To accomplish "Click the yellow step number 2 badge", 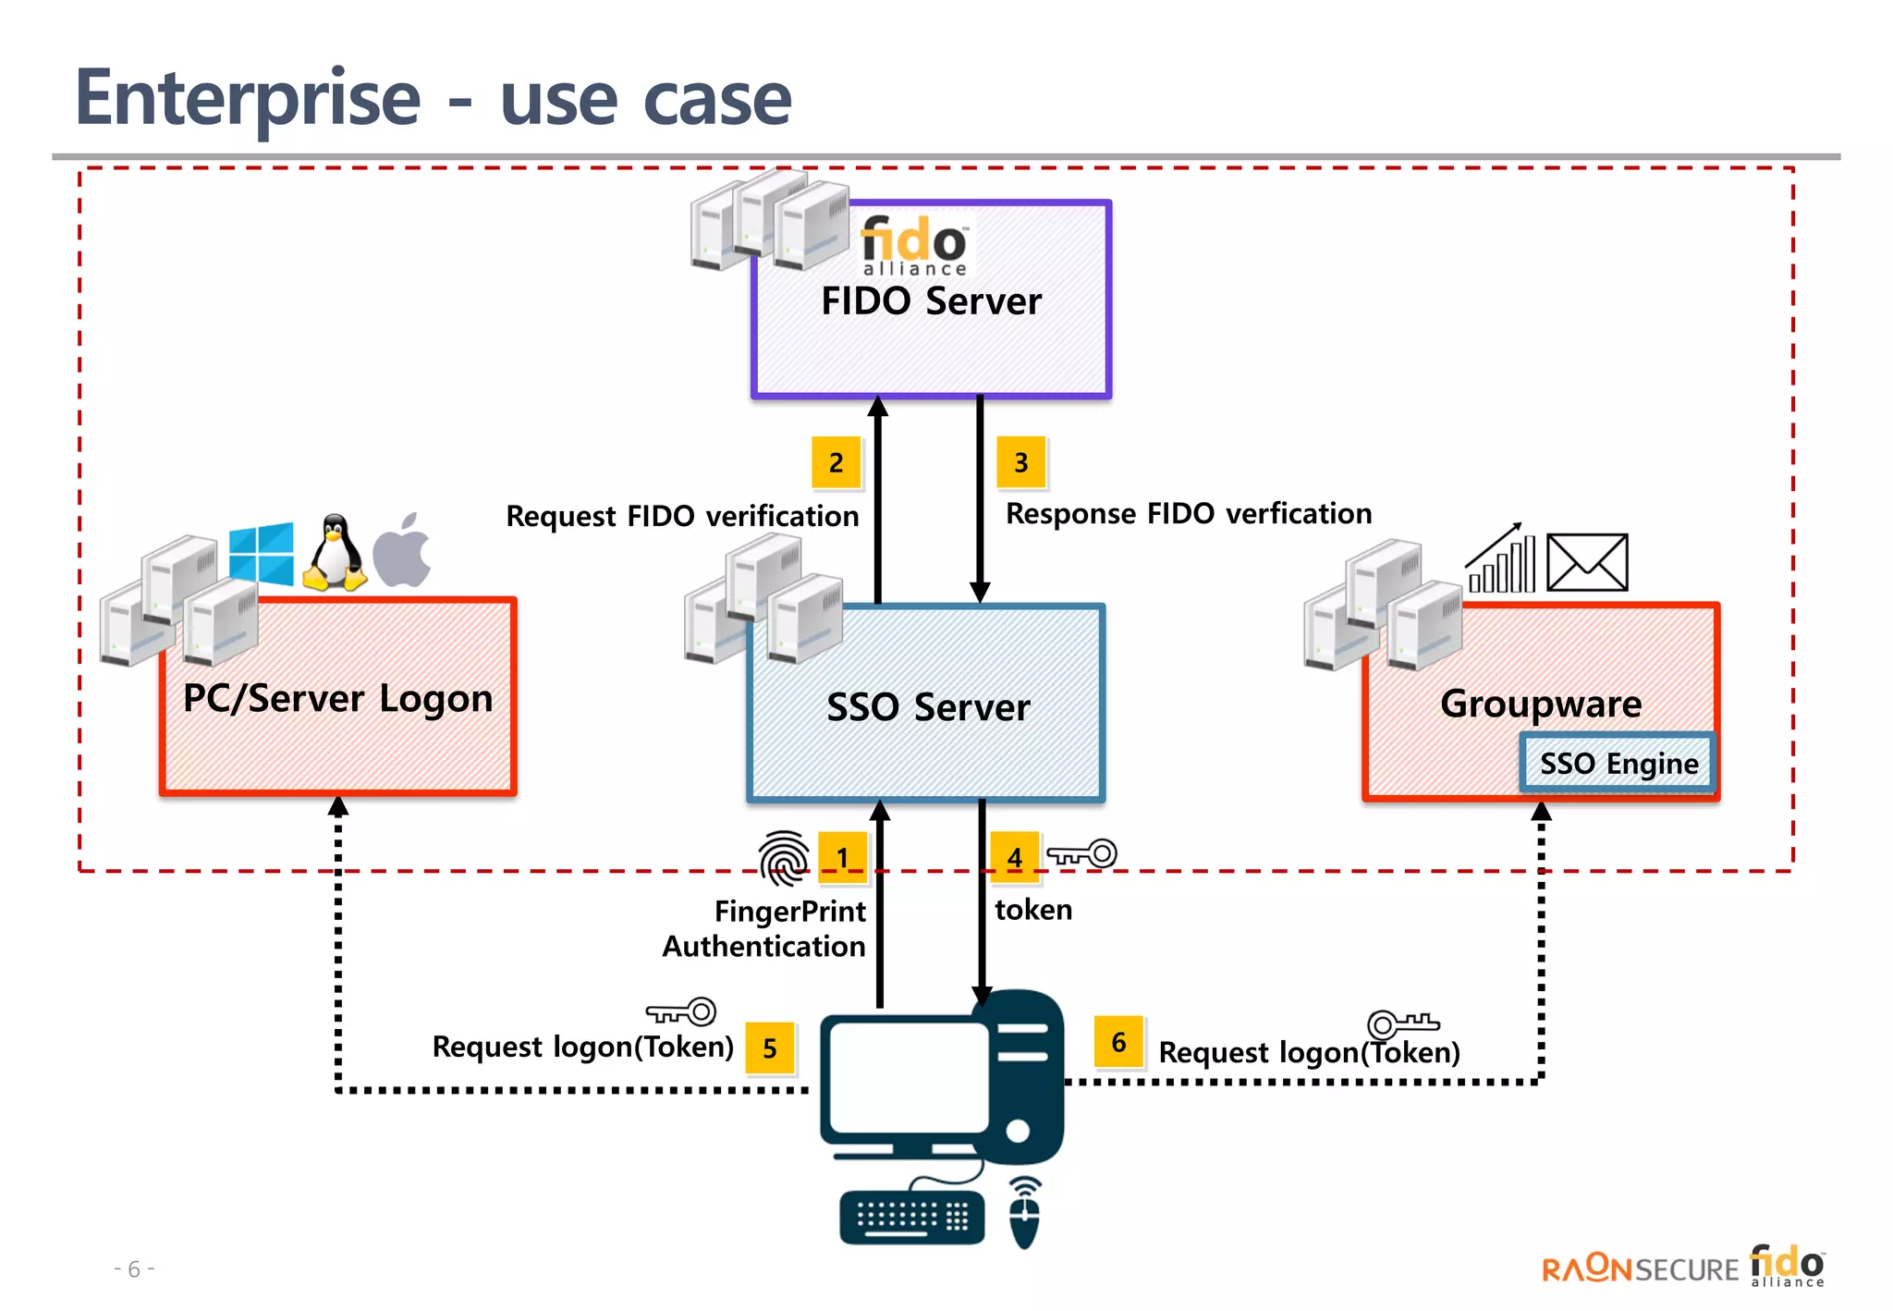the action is click(836, 462).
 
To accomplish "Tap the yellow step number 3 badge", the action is click(1020, 462).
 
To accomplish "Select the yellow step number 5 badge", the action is click(770, 1048).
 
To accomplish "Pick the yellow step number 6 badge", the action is click(1118, 1042).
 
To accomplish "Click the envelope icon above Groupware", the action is click(1587, 562).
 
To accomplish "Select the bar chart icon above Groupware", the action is click(1501, 558).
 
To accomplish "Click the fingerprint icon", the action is click(784, 857).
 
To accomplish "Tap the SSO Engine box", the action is click(1618, 763).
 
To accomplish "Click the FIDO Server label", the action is click(931, 301).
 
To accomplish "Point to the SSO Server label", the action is click(928, 707).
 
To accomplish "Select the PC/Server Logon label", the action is click(337, 699).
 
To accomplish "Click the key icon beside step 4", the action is click(1081, 853).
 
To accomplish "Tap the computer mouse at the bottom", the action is click(1024, 1213).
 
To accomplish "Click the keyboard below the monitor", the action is click(911, 1219).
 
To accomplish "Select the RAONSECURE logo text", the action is click(1640, 1268).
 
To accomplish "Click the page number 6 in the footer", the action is click(134, 1268).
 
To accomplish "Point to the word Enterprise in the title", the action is click(248, 100).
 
